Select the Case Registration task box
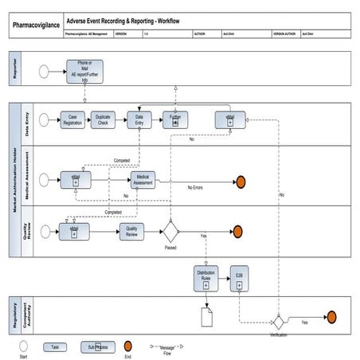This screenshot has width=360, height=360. [72, 119]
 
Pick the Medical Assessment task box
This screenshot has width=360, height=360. [143, 180]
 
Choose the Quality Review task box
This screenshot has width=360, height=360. [131, 231]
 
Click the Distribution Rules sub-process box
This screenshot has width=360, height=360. [205, 278]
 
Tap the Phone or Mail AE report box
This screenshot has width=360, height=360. [84, 72]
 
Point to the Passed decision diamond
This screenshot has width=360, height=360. [170, 232]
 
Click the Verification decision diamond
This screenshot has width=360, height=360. [278, 322]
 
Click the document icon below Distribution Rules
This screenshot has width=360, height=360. [206, 318]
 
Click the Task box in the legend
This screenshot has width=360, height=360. [55, 347]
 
